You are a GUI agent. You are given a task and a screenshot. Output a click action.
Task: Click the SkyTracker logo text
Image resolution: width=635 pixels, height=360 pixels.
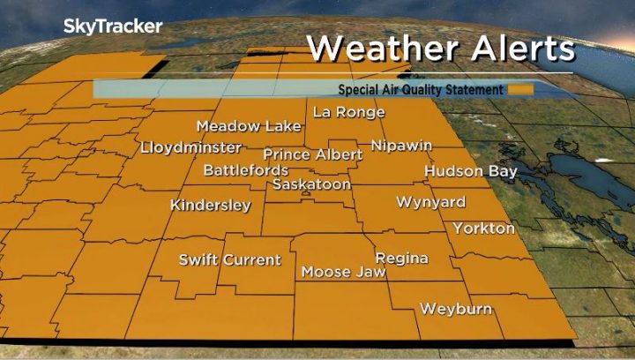112,26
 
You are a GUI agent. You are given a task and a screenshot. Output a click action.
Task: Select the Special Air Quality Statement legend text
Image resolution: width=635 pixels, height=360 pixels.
421,89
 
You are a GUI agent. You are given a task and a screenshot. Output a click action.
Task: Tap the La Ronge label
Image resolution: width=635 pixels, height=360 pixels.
349,112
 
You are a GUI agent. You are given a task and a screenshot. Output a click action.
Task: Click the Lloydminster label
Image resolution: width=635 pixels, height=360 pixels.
190,147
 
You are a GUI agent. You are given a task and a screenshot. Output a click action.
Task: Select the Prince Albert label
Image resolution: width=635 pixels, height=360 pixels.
312,154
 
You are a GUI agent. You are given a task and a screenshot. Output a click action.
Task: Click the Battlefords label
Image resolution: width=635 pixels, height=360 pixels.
246,169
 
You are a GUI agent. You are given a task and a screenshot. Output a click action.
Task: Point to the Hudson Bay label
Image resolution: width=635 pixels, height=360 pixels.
470,171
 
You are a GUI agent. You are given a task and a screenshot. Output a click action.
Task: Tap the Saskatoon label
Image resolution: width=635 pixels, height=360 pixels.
311,184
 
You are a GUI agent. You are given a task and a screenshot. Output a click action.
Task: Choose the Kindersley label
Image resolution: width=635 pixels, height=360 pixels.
210,206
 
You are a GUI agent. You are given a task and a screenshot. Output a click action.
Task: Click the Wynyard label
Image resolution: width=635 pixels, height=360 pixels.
430,202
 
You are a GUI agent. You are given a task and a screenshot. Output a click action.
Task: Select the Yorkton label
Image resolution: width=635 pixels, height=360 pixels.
483,229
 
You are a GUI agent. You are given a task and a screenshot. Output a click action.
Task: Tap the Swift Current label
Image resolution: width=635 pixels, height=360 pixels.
229,260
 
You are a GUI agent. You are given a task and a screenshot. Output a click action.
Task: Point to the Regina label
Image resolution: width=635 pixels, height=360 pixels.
401,259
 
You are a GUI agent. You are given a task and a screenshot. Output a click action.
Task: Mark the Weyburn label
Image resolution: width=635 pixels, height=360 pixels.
455,309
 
